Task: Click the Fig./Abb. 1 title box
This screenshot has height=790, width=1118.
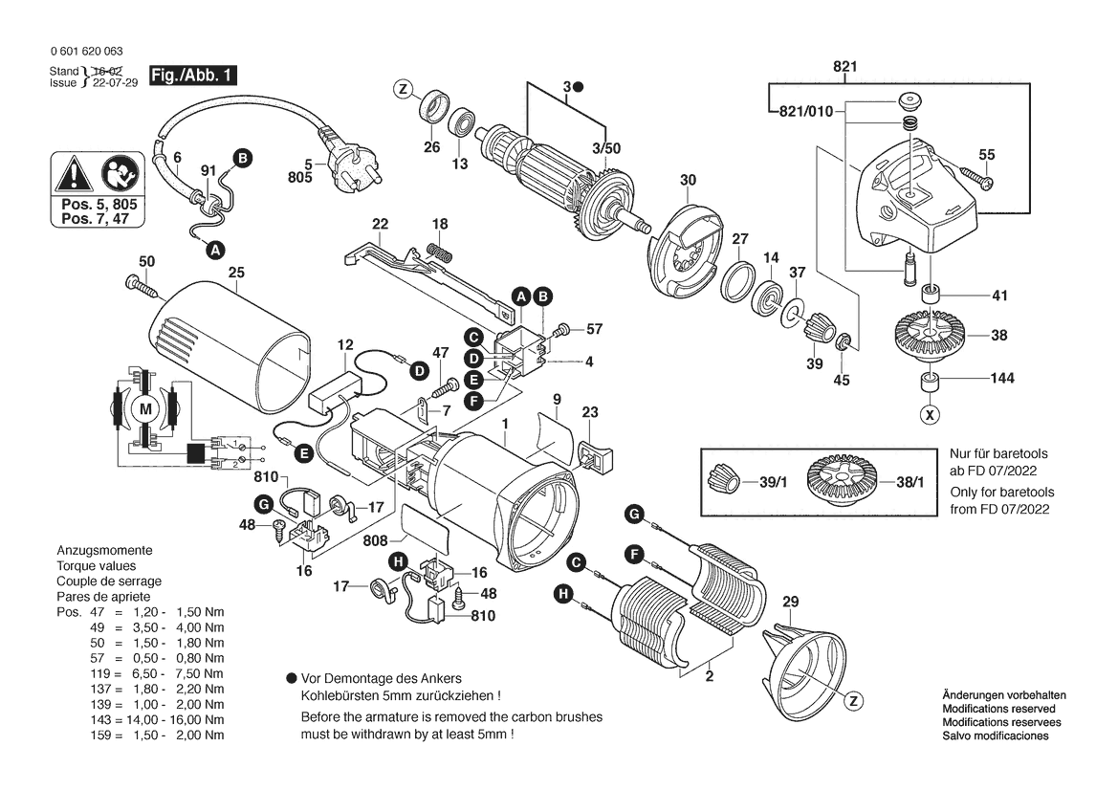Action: (191, 75)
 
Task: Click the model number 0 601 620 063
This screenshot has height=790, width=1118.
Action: (84, 52)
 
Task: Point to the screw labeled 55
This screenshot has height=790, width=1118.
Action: (976, 178)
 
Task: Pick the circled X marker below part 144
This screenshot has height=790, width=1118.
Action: (929, 415)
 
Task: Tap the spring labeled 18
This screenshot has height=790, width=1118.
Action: (440, 253)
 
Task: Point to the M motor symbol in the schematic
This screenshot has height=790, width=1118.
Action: (145, 409)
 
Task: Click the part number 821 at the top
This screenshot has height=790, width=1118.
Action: (844, 66)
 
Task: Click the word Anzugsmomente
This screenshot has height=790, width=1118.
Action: (104, 552)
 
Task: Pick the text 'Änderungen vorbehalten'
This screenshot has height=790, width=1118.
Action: (1003, 695)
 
